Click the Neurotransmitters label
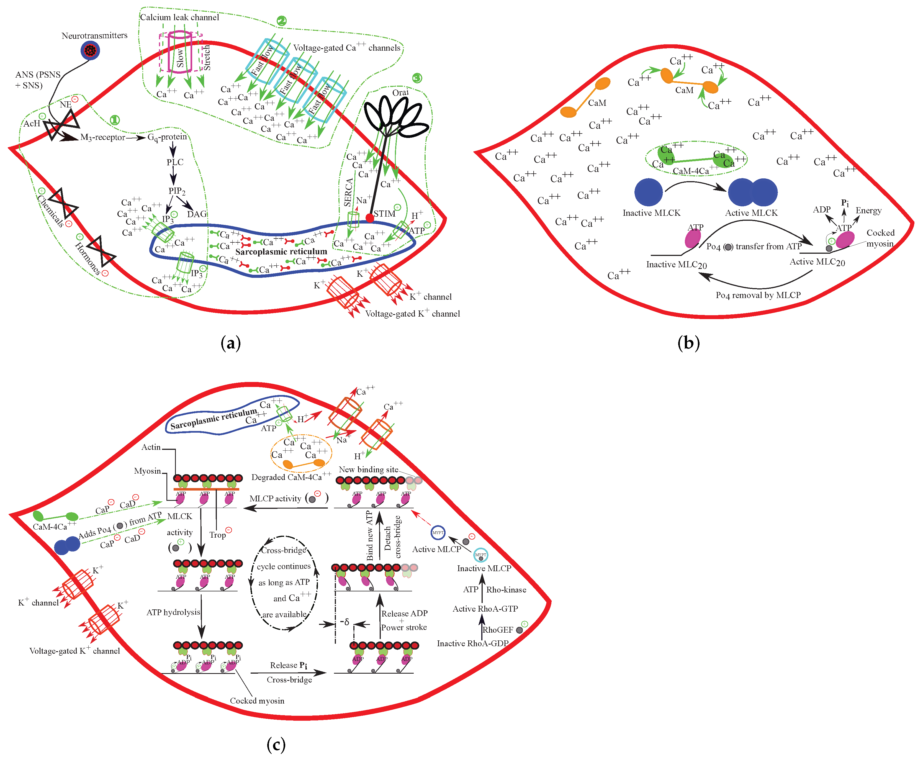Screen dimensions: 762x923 (x=94, y=35)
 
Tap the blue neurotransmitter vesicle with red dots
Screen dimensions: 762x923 (x=90, y=50)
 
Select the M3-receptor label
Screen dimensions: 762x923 (x=103, y=137)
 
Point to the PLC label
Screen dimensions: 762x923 (x=175, y=162)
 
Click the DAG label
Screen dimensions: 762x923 (x=197, y=214)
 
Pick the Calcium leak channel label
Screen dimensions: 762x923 (x=179, y=17)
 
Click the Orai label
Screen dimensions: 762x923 (x=400, y=93)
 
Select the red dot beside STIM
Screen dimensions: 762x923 (x=370, y=218)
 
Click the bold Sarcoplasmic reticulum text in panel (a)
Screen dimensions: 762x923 (x=281, y=252)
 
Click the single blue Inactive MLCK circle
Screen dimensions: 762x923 (x=648, y=192)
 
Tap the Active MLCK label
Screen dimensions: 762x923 (x=751, y=213)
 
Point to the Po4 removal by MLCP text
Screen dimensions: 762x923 (x=758, y=295)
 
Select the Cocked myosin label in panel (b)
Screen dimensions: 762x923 (x=880, y=238)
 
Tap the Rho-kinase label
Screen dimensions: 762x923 (x=506, y=589)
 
